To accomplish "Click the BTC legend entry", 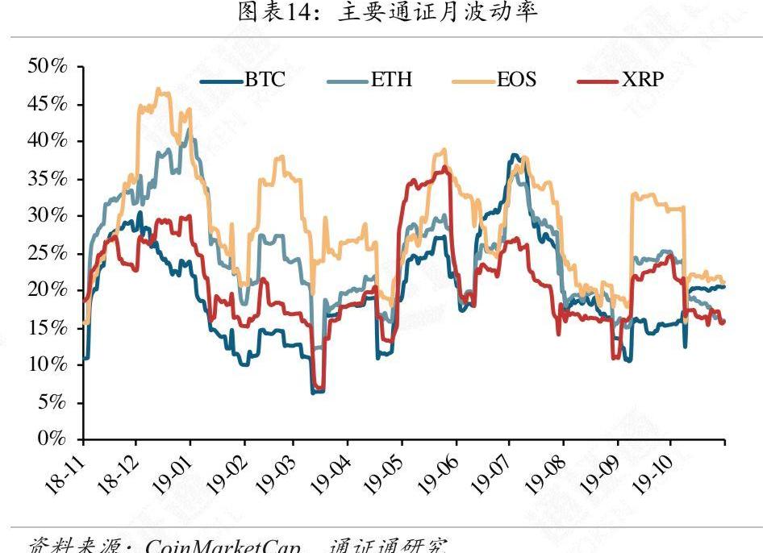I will (x=243, y=81).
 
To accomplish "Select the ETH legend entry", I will (x=370, y=81).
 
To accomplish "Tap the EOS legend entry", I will (x=494, y=81).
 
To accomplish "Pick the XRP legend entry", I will (x=621, y=81).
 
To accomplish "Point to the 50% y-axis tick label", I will (x=47, y=66).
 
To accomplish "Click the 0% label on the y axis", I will (x=53, y=439).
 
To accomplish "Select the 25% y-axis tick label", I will (x=47, y=253).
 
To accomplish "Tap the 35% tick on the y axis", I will (x=47, y=178).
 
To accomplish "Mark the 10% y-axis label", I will (x=47, y=364).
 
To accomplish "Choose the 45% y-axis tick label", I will (x=47, y=104).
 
